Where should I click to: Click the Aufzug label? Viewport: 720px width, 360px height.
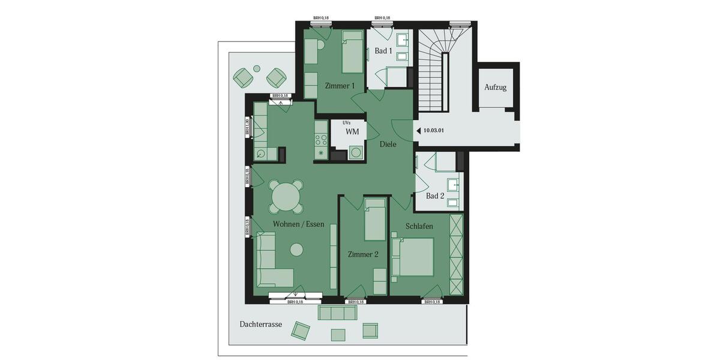[496, 88]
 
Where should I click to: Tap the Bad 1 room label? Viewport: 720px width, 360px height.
[383, 51]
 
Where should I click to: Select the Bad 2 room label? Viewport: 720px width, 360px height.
[435, 196]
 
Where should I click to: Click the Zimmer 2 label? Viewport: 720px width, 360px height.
[363, 254]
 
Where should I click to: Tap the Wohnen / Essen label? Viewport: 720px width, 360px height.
[298, 224]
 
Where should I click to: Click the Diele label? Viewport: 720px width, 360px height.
[388, 145]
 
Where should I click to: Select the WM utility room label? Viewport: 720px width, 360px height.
[352, 131]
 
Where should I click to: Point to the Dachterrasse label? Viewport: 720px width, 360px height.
[260, 324]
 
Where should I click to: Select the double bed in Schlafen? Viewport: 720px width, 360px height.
[413, 257]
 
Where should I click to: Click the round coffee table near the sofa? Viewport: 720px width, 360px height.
[296, 249]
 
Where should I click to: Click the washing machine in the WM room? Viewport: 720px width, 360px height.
[356, 153]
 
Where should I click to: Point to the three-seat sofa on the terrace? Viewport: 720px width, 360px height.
[338, 313]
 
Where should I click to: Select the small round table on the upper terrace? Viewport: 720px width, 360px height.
[257, 68]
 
